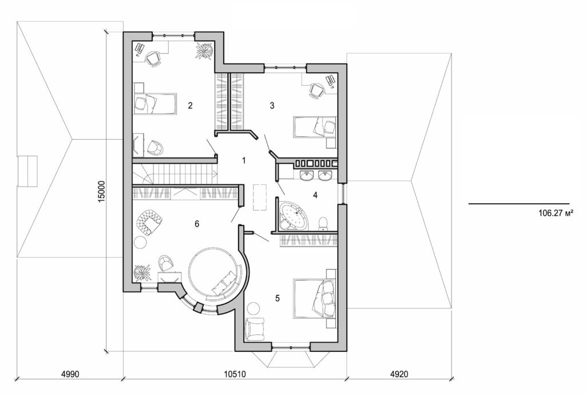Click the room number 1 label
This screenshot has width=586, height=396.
[244, 160]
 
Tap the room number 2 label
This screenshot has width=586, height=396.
[189, 105]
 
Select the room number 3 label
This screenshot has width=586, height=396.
[272, 105]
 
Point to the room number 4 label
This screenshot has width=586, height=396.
[315, 195]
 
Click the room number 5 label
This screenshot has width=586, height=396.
[278, 298]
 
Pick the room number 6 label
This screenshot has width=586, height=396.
[197, 224]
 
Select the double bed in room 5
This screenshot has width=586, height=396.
[315, 298]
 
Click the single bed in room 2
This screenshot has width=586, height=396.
[155, 104]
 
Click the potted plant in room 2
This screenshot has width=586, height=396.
[204, 50]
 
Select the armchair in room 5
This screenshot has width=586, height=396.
[255, 328]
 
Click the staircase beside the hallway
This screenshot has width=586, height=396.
[175, 172]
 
